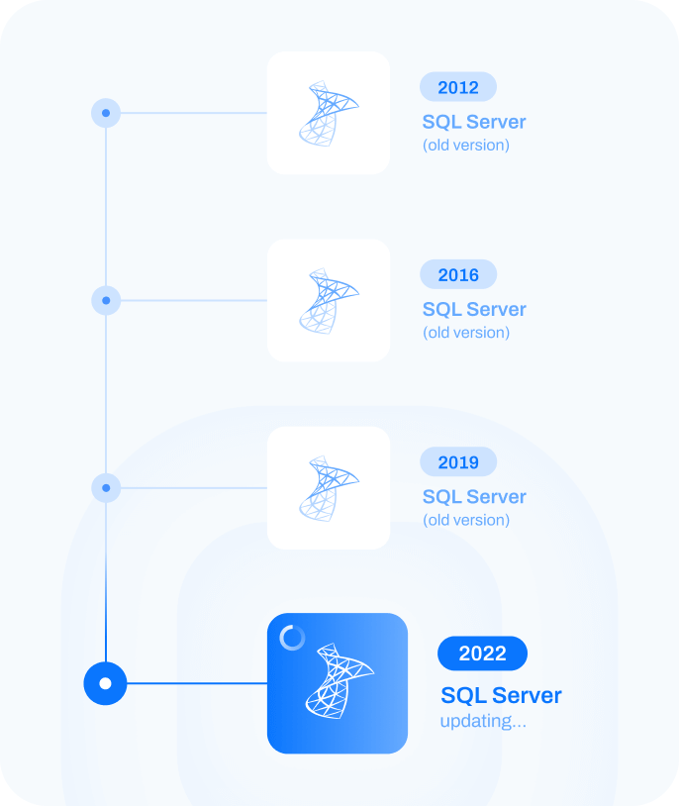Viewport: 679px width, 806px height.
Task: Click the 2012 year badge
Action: click(x=457, y=87)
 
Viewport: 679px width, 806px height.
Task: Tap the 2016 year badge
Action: click(x=457, y=274)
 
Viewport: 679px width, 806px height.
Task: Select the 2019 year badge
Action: click(x=457, y=461)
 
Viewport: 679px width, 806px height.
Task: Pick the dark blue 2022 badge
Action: click(x=482, y=654)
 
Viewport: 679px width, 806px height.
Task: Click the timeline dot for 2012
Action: click(x=106, y=113)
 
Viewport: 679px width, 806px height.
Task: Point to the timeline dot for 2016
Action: click(x=106, y=300)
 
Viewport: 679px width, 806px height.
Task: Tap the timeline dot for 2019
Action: click(x=106, y=487)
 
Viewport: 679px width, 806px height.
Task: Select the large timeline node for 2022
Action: click(x=106, y=683)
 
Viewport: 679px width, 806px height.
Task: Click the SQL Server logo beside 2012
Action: click(x=329, y=114)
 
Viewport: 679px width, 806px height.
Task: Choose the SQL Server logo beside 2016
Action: click(x=329, y=301)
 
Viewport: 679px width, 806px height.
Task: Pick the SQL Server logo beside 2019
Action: click(x=329, y=488)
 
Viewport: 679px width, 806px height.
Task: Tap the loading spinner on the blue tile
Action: click(x=292, y=638)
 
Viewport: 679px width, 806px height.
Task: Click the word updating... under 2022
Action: click(x=483, y=721)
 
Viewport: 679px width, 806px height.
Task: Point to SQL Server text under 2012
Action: click(x=474, y=123)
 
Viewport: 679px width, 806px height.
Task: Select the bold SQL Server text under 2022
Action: click(x=501, y=695)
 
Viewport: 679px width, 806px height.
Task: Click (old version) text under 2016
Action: click(x=466, y=333)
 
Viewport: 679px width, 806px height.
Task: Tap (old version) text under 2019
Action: click(x=466, y=520)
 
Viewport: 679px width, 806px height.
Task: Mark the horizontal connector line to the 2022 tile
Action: click(x=198, y=683)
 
